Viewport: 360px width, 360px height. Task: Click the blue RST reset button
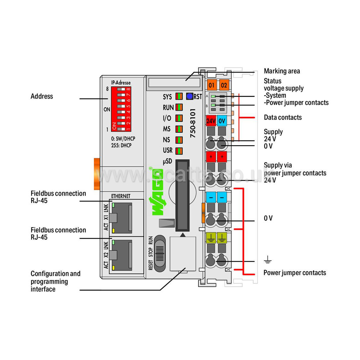tap(189, 96)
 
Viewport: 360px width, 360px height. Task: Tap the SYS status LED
tap(179, 96)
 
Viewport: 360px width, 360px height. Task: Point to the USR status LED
tap(179, 151)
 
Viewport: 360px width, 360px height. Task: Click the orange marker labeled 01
tap(212, 85)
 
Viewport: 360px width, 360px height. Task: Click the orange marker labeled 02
tap(224, 85)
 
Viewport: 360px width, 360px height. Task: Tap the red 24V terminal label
tap(211, 121)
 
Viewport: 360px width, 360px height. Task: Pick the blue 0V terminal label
tap(222, 121)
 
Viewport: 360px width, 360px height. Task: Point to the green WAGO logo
tap(158, 192)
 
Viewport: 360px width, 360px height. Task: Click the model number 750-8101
tap(193, 123)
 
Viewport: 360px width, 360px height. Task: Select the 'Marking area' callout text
tap(282, 71)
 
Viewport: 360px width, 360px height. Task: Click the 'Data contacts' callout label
tap(283, 117)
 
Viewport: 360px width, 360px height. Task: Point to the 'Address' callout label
tap(42, 96)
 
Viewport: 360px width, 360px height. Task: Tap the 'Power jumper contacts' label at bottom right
tap(295, 273)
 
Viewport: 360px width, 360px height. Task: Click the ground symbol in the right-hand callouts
tap(268, 260)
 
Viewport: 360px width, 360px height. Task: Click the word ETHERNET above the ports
tap(121, 196)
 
